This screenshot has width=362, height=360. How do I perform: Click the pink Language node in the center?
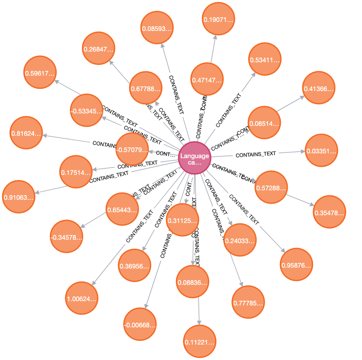[195, 157]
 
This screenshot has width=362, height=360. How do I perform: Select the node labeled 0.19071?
[218, 19]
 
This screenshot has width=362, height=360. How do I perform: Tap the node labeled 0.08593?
[157, 28]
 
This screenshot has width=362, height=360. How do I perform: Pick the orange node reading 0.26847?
[99, 49]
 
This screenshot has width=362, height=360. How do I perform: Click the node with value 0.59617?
[40, 72]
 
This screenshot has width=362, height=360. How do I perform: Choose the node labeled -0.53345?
[87, 110]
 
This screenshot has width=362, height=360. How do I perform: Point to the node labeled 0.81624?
[26, 133]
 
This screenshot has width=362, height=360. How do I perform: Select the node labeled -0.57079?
[132, 149]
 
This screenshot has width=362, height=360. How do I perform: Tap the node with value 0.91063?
[18, 197]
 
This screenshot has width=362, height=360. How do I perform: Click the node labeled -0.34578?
[66, 236]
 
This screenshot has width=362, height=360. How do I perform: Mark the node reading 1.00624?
[82, 298]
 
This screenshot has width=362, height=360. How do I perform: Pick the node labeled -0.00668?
[140, 324]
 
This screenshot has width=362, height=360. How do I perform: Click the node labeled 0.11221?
[199, 342]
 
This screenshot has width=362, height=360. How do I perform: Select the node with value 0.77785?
[248, 302]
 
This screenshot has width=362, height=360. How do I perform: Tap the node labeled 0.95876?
[296, 264]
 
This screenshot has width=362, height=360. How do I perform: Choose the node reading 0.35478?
[329, 212]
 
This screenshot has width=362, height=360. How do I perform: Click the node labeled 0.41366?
[319, 88]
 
